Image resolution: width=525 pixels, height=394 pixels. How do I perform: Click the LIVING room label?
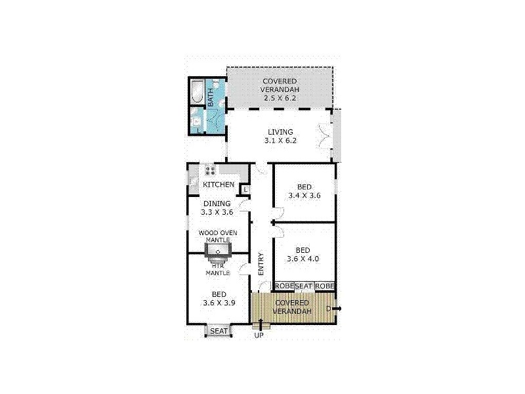pos(280,132)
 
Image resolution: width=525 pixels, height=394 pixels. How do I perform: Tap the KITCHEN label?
pos(219,185)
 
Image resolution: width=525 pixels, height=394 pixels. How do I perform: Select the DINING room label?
pos(217,204)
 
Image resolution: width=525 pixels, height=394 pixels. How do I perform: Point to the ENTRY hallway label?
pos(261,264)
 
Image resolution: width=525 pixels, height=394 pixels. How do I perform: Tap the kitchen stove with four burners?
pos(210,169)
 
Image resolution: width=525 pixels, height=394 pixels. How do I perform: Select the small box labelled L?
pos(245,190)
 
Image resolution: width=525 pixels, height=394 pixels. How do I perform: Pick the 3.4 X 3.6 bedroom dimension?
pos(304,195)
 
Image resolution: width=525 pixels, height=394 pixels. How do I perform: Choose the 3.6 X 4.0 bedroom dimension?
pos(303,259)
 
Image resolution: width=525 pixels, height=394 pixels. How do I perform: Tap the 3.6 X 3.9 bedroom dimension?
pos(219,303)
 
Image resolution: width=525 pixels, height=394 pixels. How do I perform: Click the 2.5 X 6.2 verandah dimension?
pos(280,98)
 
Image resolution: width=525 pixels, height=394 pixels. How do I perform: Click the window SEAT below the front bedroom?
pos(219,331)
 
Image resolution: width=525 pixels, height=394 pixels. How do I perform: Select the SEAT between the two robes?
pos(304,286)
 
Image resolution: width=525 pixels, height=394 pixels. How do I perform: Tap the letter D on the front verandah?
pos(328,309)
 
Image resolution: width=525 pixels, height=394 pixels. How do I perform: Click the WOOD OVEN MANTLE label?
pos(218,236)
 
